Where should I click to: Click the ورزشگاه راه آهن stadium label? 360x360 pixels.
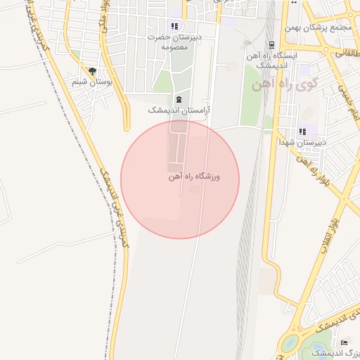195,177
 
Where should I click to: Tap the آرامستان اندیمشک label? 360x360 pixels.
179,110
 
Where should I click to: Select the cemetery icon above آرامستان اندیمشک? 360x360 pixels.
179,99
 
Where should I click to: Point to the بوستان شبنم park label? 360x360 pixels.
92,82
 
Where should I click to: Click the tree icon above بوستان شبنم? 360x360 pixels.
92,71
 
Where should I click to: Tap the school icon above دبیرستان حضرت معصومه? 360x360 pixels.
174,26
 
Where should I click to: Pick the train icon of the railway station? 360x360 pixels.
271,45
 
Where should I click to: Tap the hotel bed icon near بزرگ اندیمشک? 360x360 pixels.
344,342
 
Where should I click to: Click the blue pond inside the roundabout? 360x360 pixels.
288,345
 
